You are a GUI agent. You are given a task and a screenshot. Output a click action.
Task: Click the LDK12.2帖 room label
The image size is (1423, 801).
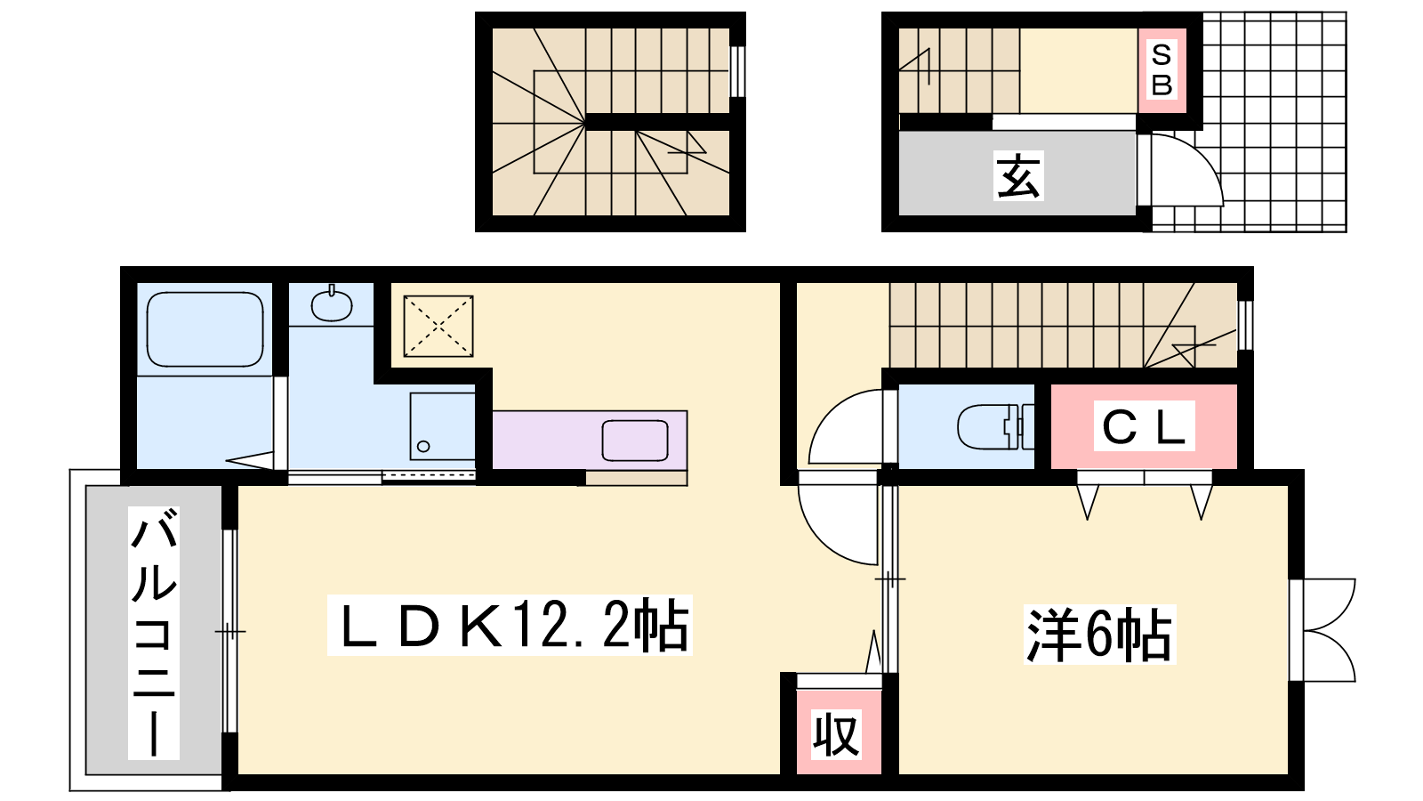click(510, 625)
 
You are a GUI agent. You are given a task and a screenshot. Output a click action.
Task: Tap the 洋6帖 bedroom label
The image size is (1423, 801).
click(1099, 635)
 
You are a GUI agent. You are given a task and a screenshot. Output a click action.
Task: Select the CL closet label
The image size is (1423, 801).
click(1144, 426)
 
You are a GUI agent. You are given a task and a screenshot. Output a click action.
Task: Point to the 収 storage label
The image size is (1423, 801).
click(836, 735)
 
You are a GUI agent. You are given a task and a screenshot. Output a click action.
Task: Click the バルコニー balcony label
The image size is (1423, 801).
click(154, 633)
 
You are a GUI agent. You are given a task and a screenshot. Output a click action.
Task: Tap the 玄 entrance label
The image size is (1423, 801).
click(1018, 176)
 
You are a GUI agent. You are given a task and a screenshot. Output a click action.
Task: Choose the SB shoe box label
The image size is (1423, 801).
click(1162, 70)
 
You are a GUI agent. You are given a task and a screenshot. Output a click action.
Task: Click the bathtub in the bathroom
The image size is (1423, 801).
click(205, 329)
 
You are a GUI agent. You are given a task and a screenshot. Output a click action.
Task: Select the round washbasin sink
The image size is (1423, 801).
click(332, 305)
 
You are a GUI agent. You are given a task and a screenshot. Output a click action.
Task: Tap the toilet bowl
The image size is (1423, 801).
click(995, 426)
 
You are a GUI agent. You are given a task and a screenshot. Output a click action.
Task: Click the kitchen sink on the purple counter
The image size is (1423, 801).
click(635, 440)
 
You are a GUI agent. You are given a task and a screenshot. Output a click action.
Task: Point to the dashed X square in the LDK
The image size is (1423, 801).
click(438, 326)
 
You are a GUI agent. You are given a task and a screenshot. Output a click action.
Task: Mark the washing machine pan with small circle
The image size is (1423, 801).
click(442, 425)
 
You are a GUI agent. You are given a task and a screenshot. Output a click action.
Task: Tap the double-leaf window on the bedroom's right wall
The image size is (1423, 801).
click(1324, 630)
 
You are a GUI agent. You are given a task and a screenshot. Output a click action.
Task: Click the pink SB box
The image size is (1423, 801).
click(1162, 70)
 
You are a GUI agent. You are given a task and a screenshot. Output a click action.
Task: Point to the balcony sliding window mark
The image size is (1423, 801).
click(230, 631)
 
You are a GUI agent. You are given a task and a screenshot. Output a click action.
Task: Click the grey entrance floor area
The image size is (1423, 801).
click(1017, 173)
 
